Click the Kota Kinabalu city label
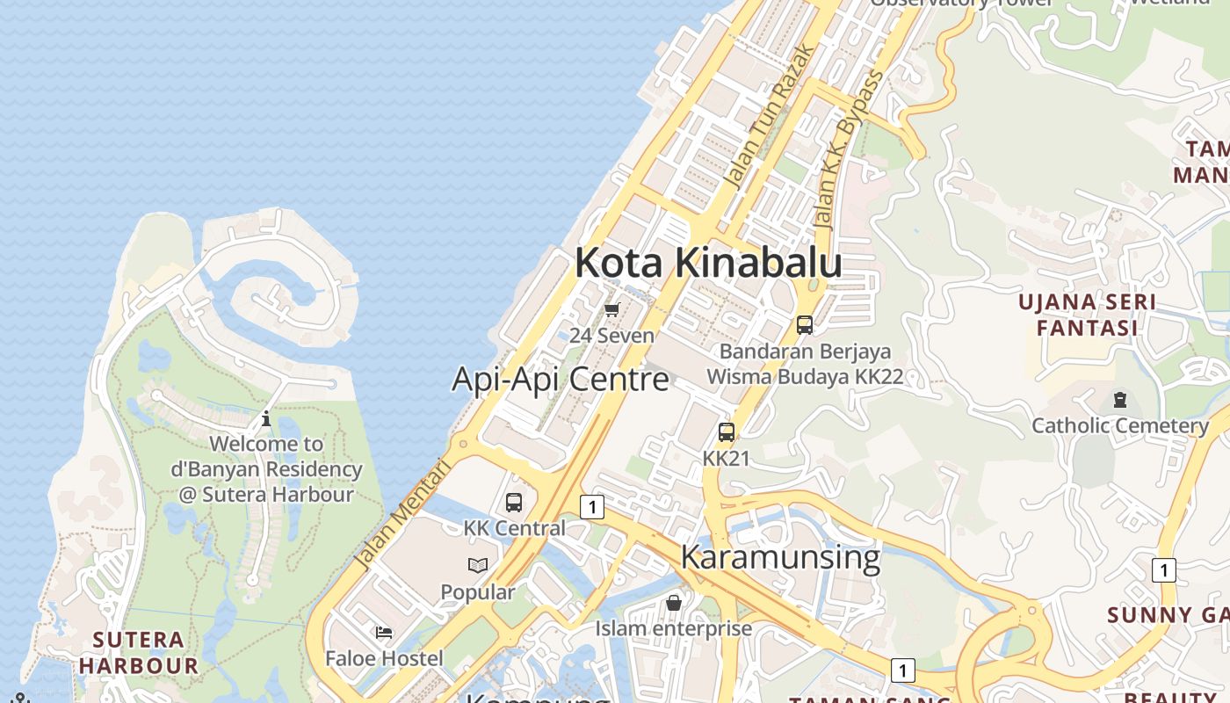(x=708, y=264)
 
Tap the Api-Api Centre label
(x=560, y=380)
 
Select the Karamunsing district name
(x=780, y=557)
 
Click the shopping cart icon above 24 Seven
(x=612, y=309)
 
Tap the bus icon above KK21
(x=727, y=432)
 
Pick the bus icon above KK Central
(x=514, y=503)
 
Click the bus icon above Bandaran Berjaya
(x=805, y=325)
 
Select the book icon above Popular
(x=477, y=565)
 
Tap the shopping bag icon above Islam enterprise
(x=674, y=603)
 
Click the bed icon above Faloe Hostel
(x=384, y=632)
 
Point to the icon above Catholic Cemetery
(x=1120, y=400)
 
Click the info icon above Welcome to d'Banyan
(x=266, y=418)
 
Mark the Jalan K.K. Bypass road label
(x=848, y=149)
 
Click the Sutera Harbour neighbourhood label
(x=139, y=652)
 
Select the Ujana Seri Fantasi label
(x=1087, y=315)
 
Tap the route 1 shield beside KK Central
(x=593, y=507)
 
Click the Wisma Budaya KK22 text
(x=805, y=377)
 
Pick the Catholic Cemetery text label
(x=1120, y=426)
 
